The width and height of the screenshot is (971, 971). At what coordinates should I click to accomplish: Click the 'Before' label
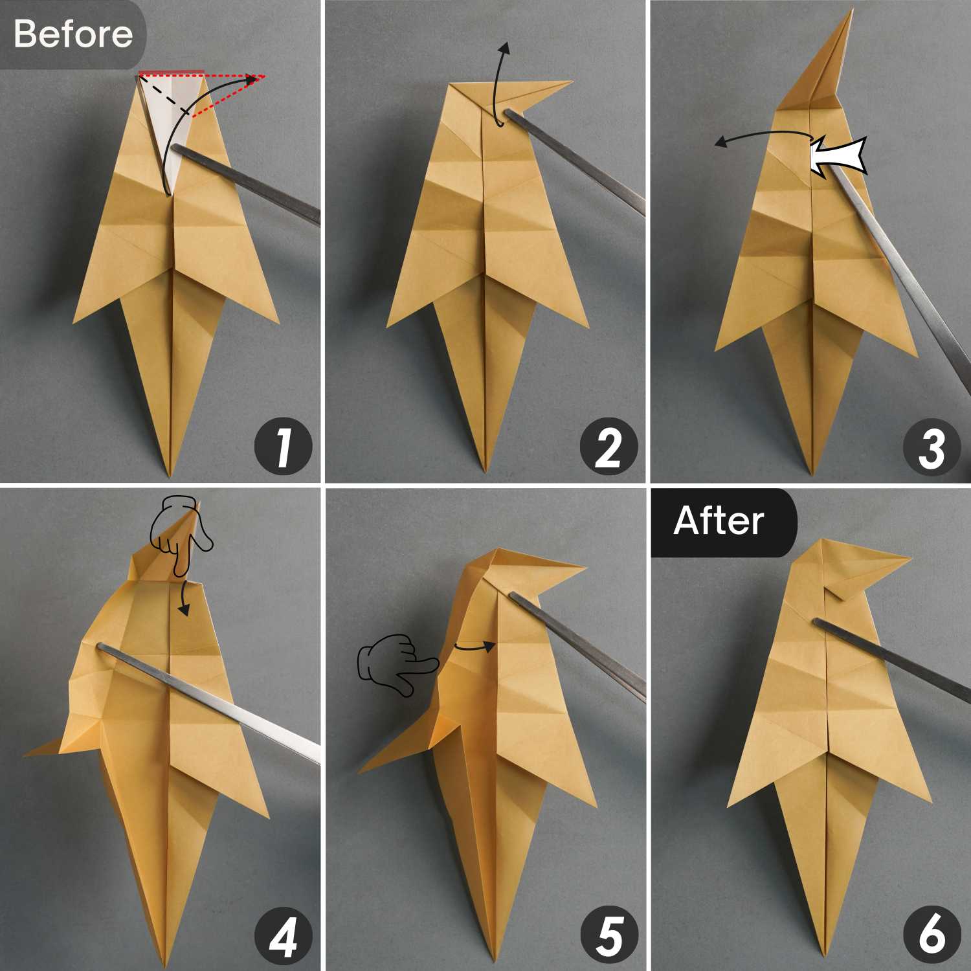(73, 34)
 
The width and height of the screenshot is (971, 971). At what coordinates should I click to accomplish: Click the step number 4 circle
(283, 935)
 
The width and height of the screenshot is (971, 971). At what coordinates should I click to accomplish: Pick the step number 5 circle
(608, 935)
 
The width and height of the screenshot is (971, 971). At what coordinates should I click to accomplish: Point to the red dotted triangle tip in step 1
(264, 76)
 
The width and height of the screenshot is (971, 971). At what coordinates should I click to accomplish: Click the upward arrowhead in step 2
(505, 48)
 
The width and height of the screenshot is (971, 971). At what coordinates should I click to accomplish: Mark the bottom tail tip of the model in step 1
(170, 476)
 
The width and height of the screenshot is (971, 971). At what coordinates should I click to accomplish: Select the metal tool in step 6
(890, 654)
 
